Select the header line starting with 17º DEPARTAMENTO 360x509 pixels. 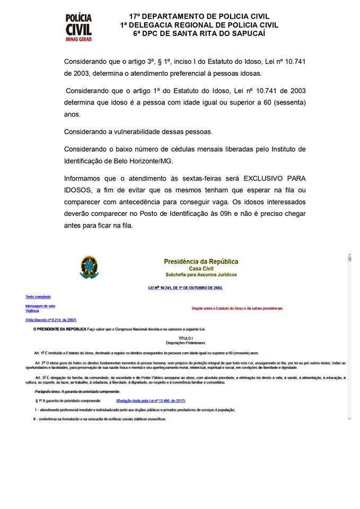[199, 17]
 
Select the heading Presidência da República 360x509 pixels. [201, 261]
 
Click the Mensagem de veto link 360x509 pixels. [41, 306]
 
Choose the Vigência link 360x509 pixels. [32, 311]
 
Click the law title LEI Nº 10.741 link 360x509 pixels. [186, 287]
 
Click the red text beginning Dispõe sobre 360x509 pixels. [237, 308]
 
